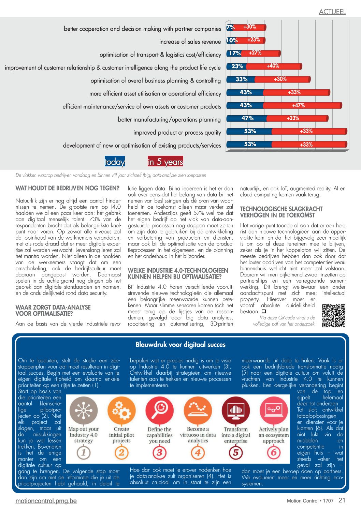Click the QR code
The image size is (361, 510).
[334, 316]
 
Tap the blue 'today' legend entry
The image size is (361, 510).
[115, 162]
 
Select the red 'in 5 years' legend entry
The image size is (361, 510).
[165, 162]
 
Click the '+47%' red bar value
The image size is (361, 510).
[298, 105]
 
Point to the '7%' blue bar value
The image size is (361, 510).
[230, 27]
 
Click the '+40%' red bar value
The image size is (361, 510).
[273, 66]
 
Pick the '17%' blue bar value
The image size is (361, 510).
[235, 53]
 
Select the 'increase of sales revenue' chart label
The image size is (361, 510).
[190, 42]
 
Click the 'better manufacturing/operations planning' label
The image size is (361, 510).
[169, 120]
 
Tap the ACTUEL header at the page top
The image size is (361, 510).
[332, 12]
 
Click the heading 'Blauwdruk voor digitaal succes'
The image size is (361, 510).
[180, 344]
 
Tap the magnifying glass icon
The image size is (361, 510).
[160, 410]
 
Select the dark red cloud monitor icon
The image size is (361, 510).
[236, 410]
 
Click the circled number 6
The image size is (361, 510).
[274, 452]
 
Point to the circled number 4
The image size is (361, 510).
[198, 452]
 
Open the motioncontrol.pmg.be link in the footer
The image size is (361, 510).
[46, 501]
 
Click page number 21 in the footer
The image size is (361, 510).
[342, 500]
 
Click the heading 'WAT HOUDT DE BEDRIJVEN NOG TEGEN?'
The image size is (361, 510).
[68, 188]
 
